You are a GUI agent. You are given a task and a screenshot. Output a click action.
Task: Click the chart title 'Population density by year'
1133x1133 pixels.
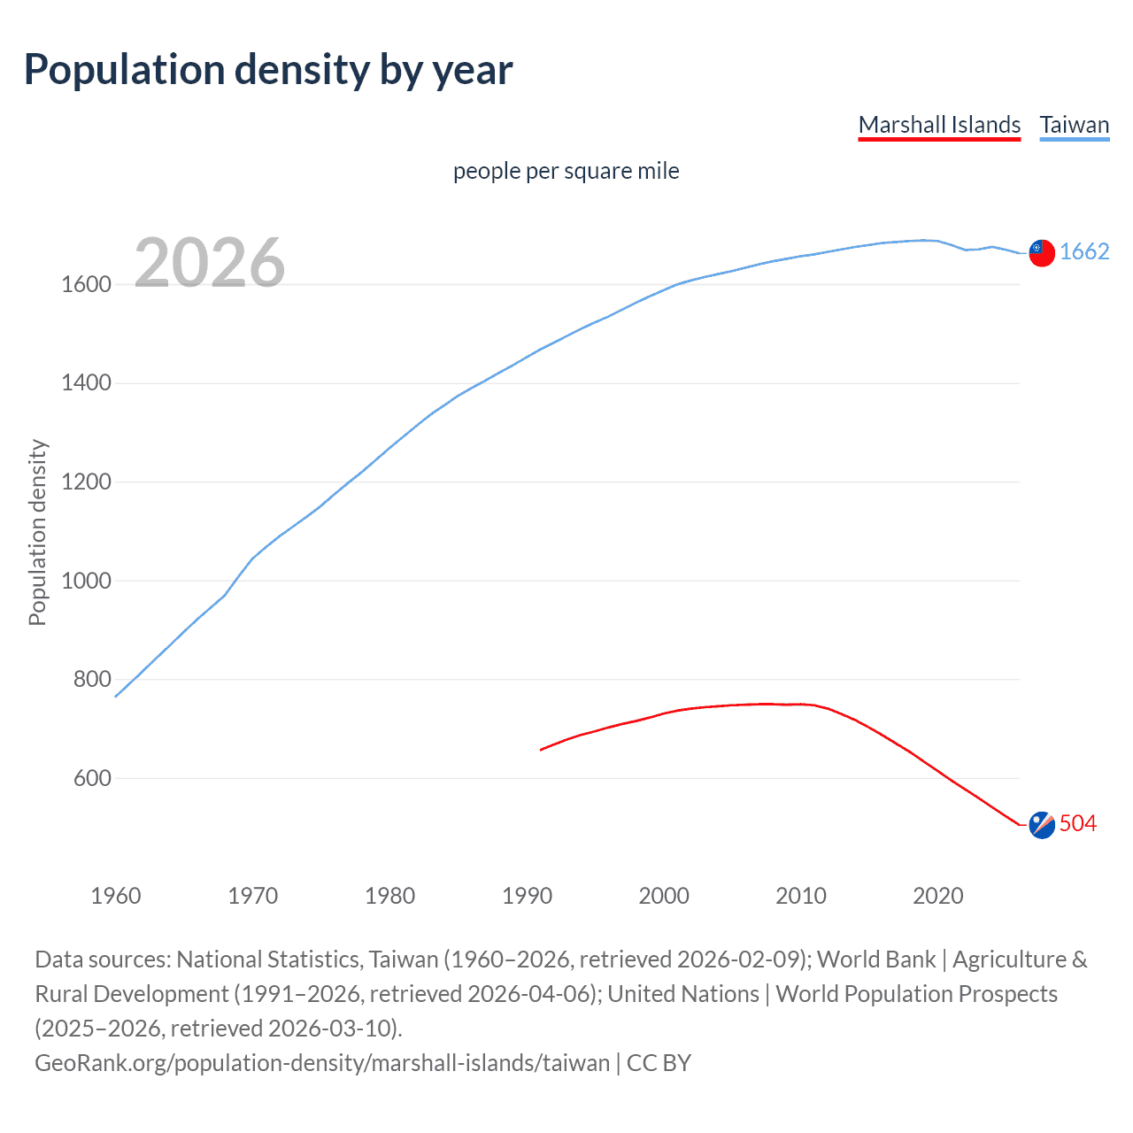(x=267, y=70)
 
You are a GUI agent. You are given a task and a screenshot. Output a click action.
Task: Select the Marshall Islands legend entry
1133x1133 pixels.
(x=939, y=125)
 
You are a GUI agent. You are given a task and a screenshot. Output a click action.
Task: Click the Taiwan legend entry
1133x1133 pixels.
(x=1074, y=125)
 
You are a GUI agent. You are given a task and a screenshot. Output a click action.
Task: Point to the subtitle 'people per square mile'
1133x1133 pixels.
(x=566, y=171)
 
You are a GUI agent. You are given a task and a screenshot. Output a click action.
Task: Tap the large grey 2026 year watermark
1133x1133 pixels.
(x=210, y=263)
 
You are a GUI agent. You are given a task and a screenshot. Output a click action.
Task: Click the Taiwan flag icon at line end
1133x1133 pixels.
(x=1042, y=253)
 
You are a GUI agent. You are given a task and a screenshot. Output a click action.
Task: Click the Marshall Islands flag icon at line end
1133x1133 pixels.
(x=1042, y=825)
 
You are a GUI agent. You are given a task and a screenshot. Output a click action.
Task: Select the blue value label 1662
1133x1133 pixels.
(x=1084, y=252)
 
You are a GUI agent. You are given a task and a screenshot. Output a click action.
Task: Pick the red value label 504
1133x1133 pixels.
(x=1078, y=824)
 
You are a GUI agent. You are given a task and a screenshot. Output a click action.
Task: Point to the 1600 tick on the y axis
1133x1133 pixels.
(x=86, y=285)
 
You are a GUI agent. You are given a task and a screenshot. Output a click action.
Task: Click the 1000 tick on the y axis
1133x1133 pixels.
(x=86, y=582)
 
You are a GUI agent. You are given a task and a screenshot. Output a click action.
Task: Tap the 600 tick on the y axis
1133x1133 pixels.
(x=92, y=779)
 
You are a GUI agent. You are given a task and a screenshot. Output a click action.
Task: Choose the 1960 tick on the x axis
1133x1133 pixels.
(x=116, y=896)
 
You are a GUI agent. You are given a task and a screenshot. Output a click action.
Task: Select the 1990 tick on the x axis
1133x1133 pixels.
(x=527, y=896)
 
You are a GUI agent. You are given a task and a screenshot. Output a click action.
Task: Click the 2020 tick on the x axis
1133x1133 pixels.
(x=938, y=896)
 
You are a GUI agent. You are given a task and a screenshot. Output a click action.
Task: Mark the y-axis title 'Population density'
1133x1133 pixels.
(x=37, y=533)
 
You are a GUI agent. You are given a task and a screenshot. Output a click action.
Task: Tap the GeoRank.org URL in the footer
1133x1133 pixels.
(x=322, y=1063)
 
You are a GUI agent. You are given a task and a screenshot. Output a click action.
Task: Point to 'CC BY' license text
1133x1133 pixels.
(x=659, y=1063)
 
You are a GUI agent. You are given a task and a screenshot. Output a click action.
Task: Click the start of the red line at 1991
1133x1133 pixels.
(x=542, y=750)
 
